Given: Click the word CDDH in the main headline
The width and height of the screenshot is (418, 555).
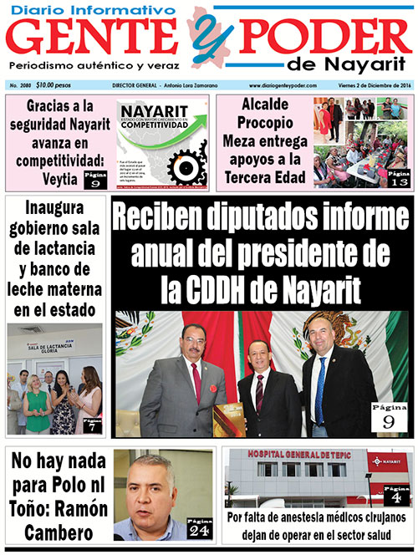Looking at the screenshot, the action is pos(223,289).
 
